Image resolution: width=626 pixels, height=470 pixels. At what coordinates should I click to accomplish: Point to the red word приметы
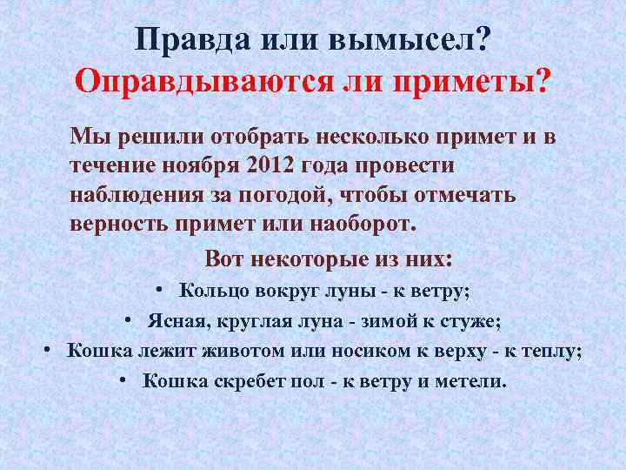click(473, 82)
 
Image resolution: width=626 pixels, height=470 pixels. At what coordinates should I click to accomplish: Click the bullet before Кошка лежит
click(50, 351)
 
